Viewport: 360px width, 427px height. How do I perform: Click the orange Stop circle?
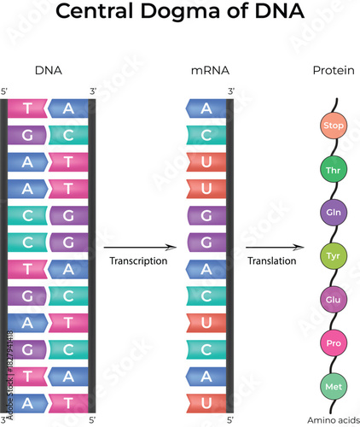[x=333, y=127]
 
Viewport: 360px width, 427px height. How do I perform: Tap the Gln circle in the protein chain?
[x=333, y=211]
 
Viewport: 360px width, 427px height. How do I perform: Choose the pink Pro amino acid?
[x=333, y=343]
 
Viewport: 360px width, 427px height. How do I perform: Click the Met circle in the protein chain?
[x=333, y=387]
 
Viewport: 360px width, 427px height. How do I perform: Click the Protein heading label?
[x=334, y=71]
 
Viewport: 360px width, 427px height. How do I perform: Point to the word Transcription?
[x=138, y=260]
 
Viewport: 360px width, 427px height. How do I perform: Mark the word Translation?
[x=270, y=260]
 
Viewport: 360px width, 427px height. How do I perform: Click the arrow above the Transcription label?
[x=138, y=247]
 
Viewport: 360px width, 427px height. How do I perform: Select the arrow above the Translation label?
[x=273, y=247]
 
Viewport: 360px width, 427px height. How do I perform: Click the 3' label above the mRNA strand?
[x=230, y=91]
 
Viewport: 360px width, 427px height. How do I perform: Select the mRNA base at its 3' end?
[x=206, y=108]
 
